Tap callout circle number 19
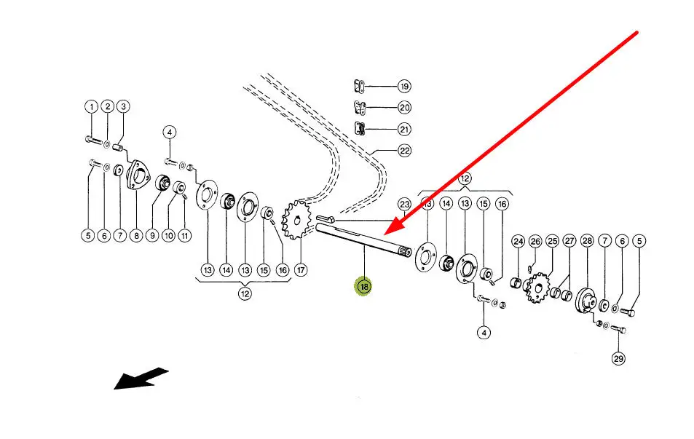pyautogui.click(x=404, y=86)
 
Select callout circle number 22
pyautogui.click(x=404, y=151)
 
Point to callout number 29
pyautogui.click(x=618, y=358)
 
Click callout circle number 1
pyautogui.click(x=91, y=107)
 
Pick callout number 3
pyautogui.click(x=123, y=107)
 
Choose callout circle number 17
pyautogui.click(x=301, y=270)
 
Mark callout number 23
pyautogui.click(x=405, y=204)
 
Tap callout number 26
pyautogui.click(x=535, y=241)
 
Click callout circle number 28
pyautogui.click(x=587, y=241)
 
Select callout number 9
pyautogui.click(x=152, y=235)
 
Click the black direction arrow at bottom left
pyautogui.click(x=141, y=379)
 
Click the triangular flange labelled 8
pyautogui.click(x=135, y=177)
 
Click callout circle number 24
pyautogui.click(x=518, y=241)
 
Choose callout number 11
pyautogui.click(x=184, y=235)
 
